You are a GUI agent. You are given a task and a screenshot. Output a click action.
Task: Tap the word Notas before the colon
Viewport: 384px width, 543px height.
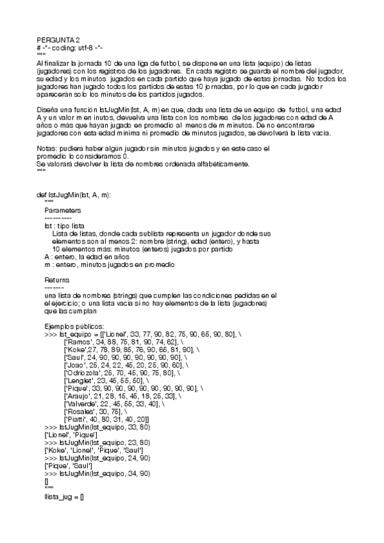pyautogui.click(x=49, y=149)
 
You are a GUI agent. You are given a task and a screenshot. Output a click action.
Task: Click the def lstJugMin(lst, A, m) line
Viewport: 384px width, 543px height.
pyautogui.click(x=74, y=195)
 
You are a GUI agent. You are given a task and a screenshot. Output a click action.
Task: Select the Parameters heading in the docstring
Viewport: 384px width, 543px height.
pyautogui.click(x=63, y=209)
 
